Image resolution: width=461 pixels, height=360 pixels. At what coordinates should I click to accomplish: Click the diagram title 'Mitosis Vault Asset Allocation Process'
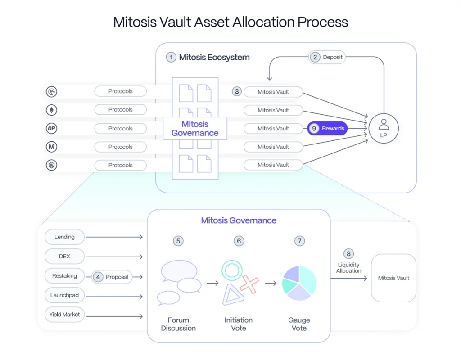coord(230,22)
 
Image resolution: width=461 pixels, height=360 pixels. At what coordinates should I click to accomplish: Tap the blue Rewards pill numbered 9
coord(327,129)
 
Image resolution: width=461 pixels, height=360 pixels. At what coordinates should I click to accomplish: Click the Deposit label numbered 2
coord(327,57)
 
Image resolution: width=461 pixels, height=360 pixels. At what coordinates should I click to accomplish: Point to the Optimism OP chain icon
coord(52,129)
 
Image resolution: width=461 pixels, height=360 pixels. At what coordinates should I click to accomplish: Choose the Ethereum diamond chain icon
coord(52,110)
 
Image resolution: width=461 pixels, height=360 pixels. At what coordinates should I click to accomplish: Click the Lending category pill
coord(64,237)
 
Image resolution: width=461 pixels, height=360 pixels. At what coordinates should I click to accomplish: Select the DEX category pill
coord(64,256)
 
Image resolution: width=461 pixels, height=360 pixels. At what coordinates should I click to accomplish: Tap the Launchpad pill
coord(64,295)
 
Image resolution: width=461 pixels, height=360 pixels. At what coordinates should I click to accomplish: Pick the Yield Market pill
coord(64,315)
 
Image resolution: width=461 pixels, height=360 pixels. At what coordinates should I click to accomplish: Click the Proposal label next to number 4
coord(117,277)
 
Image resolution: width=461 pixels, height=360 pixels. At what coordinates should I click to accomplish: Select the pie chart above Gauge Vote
coord(299,283)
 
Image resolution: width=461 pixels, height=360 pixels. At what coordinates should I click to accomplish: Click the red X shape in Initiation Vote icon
coord(249,284)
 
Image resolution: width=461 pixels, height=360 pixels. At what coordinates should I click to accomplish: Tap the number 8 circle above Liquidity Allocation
coord(348,253)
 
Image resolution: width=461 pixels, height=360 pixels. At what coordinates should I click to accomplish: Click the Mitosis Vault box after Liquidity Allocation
coord(393,278)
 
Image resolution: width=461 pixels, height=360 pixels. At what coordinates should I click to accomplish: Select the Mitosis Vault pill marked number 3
coord(273,92)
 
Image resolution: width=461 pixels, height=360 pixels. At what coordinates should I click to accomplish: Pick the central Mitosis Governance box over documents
coord(194,129)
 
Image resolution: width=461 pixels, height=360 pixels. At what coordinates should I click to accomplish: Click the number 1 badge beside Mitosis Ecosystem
coord(171,57)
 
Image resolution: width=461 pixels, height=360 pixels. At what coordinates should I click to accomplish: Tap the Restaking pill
coord(64,276)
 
